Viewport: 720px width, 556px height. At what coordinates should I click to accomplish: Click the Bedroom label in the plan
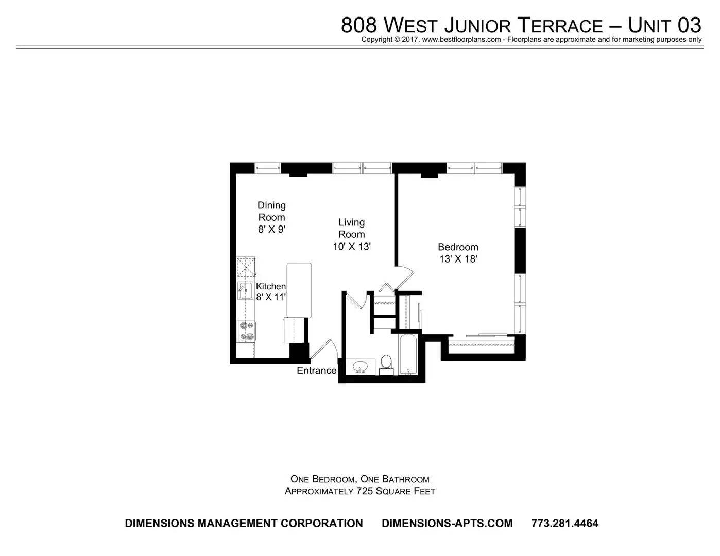pyautogui.click(x=458, y=247)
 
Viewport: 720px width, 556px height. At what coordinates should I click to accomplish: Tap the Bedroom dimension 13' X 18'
pyautogui.click(x=458, y=259)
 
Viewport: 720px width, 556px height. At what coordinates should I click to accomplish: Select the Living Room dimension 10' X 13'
pyautogui.click(x=352, y=247)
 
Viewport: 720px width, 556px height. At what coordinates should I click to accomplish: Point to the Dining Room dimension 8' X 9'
pyautogui.click(x=272, y=229)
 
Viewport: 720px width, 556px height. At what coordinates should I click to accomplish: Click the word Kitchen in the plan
pyautogui.click(x=271, y=286)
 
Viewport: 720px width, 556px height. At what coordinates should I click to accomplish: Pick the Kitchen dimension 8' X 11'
pyautogui.click(x=271, y=297)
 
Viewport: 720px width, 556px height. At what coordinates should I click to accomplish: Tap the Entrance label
pyautogui.click(x=316, y=370)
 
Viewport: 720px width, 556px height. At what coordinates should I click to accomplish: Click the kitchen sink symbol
pyautogui.click(x=245, y=291)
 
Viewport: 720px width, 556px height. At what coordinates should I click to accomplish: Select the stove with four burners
pyautogui.click(x=246, y=331)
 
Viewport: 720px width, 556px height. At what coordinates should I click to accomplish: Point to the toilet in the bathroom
pyautogui.click(x=386, y=364)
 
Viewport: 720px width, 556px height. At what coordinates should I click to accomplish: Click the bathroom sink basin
pyautogui.click(x=360, y=367)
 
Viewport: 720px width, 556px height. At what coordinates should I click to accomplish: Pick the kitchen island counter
pyautogui.click(x=299, y=290)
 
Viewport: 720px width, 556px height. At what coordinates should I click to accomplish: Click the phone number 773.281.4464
pyautogui.click(x=565, y=523)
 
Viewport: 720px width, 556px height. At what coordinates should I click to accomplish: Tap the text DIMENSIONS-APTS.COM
pyautogui.click(x=447, y=523)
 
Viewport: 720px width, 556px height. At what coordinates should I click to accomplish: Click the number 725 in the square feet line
pyautogui.click(x=365, y=491)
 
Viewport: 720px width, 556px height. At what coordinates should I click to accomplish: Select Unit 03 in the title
pyautogui.click(x=665, y=25)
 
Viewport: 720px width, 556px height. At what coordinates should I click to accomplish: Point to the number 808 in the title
pyautogui.click(x=359, y=25)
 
